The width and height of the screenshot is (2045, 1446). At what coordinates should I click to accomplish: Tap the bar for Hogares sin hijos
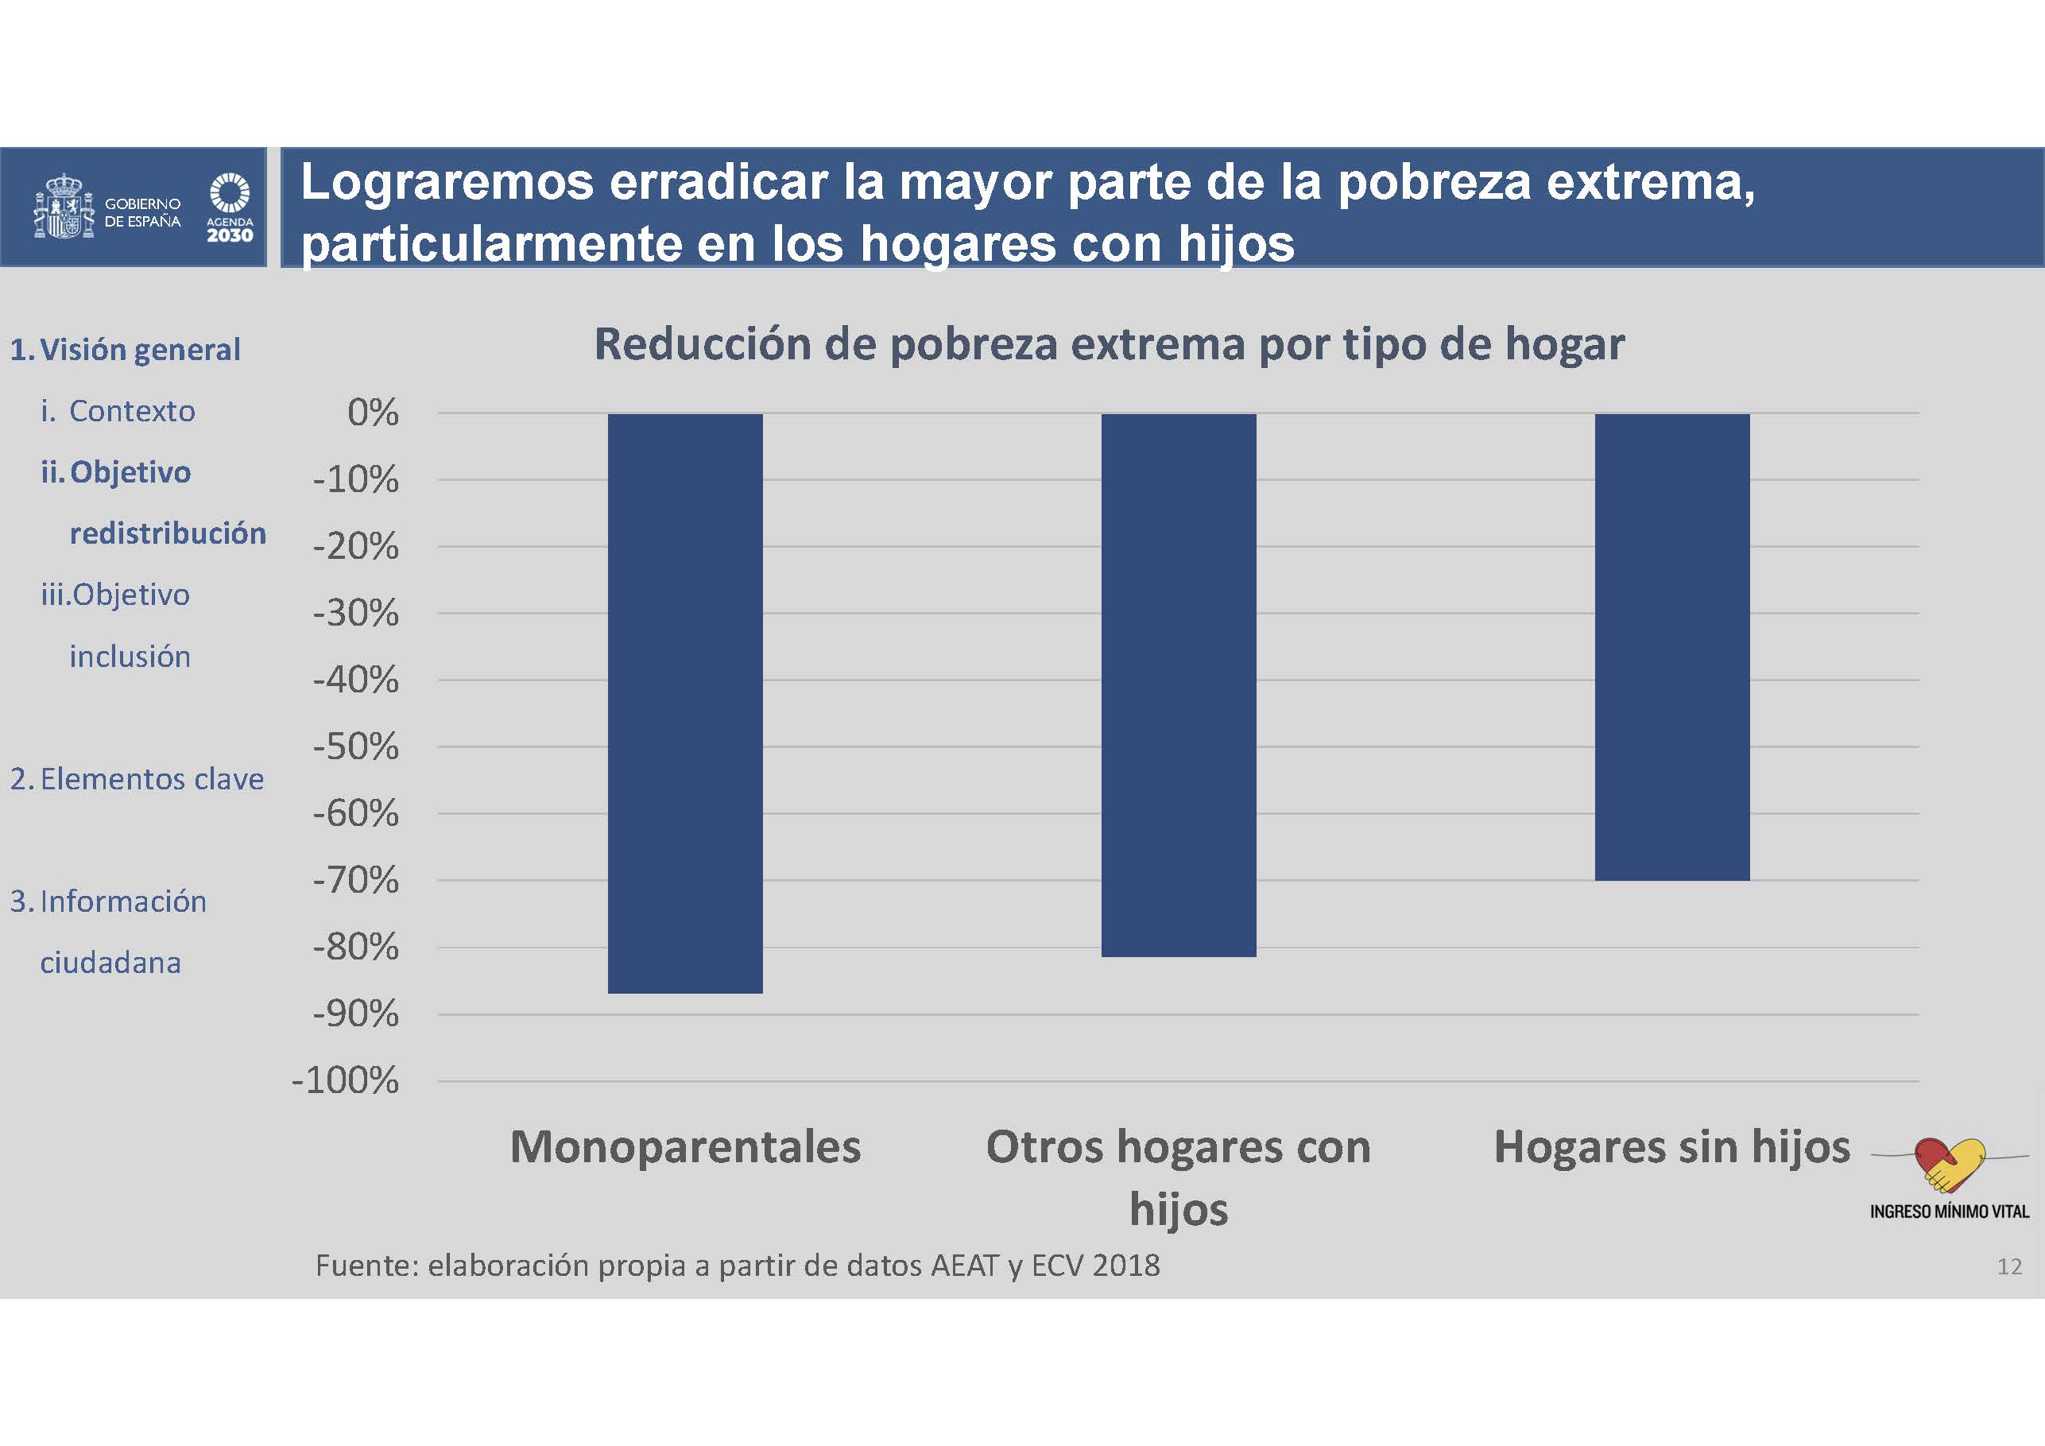1671,647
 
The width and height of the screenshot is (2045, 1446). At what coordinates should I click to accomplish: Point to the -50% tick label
355,746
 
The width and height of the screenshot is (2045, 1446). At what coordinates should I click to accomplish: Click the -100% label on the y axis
345,1080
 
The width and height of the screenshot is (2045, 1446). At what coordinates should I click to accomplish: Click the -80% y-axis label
355,947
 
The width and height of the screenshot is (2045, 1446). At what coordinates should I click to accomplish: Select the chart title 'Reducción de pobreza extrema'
1109,344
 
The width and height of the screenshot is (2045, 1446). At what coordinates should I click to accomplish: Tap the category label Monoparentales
685,1146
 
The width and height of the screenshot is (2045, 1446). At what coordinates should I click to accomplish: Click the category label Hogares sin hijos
1671,1146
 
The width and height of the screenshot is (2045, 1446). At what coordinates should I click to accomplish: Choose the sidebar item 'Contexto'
132,411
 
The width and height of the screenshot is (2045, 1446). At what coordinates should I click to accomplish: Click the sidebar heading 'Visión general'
140,349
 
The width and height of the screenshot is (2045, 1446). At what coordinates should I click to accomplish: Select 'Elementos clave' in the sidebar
152,779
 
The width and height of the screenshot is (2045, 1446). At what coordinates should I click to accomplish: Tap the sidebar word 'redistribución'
168,533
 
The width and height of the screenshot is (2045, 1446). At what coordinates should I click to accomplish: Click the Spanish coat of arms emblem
64,207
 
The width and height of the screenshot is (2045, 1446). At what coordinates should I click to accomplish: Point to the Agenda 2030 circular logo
230,193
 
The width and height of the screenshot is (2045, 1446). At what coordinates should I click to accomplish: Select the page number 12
2008,1266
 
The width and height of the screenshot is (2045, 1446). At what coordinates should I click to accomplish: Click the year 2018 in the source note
1127,1265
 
